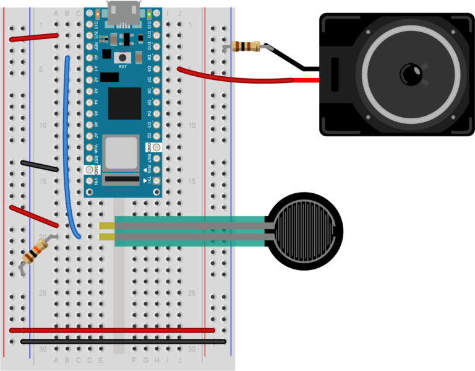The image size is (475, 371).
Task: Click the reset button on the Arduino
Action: (122, 58)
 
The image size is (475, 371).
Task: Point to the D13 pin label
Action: (96, 24)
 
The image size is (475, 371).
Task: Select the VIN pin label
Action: (96, 181)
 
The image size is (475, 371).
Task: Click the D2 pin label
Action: (149, 136)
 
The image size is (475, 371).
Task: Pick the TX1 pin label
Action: (149, 181)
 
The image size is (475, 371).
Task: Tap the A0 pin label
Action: (96, 57)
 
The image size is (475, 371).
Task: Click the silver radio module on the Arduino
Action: (121, 152)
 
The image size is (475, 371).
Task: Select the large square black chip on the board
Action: (124, 103)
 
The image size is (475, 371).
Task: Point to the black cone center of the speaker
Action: (411, 75)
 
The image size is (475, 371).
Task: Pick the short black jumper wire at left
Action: (40, 166)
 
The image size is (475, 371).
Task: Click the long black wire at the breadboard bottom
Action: (124, 341)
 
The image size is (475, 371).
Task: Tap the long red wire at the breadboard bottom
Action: (111, 330)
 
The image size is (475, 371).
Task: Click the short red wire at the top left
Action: (34, 37)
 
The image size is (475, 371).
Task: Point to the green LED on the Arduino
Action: (149, 13)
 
